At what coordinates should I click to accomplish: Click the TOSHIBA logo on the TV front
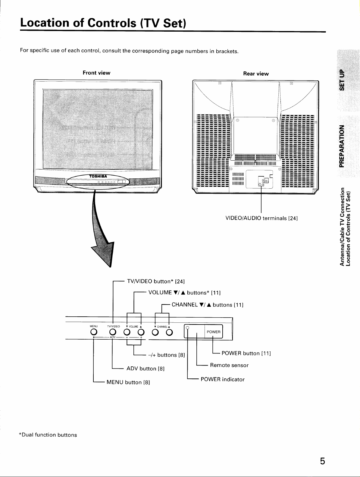coord(98,176)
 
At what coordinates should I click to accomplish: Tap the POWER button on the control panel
coord(214,332)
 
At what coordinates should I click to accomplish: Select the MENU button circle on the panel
coord(94,332)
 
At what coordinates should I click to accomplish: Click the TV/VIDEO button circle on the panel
coord(113,332)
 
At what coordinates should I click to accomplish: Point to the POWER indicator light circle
coord(188,328)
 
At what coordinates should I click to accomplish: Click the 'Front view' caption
coord(96,73)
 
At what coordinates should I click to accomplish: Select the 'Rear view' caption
coord(256,74)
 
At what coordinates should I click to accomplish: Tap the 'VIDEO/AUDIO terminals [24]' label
coord(261,218)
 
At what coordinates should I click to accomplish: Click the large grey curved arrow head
coord(104,254)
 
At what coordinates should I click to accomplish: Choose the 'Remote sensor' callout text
coord(229,365)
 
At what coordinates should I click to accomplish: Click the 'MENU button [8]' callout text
coord(128,382)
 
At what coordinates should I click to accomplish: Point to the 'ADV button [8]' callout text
coord(146,369)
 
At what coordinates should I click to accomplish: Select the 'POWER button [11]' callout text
coord(246,353)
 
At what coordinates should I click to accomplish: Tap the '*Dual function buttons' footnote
coord(48,435)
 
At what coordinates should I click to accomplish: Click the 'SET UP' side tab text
coord(342,80)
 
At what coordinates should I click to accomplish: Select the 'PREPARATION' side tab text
coord(342,146)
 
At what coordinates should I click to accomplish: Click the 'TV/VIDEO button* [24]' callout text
coord(156,281)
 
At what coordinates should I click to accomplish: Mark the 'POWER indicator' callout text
coord(223,379)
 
